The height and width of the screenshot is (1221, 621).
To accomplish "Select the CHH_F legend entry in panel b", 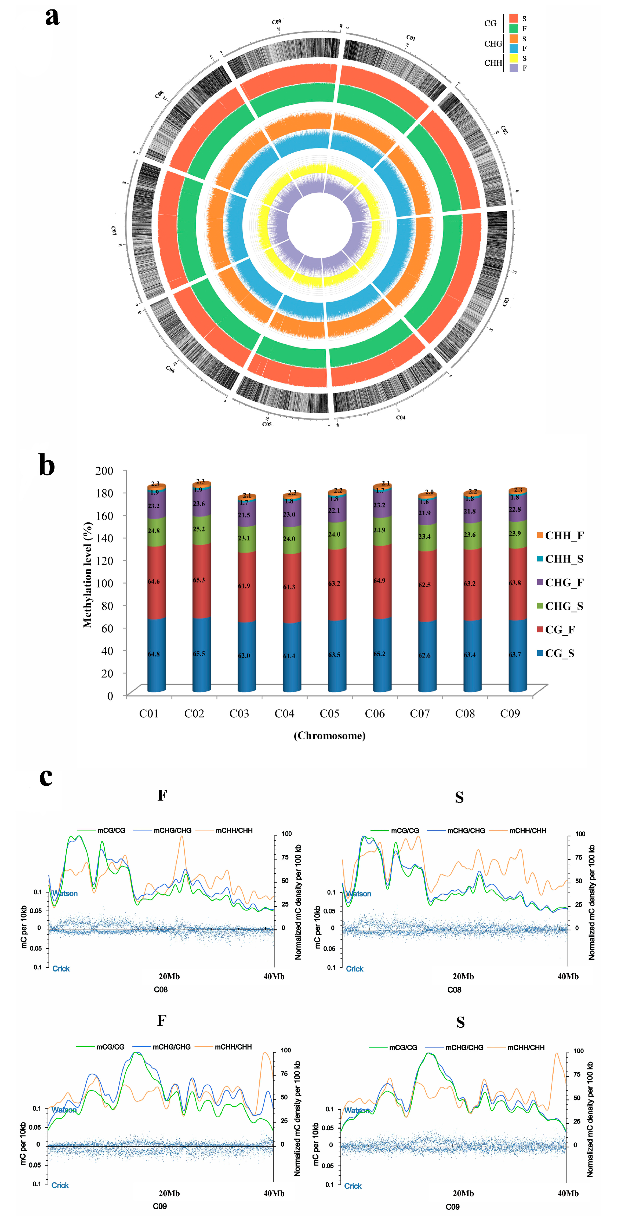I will tap(564, 536).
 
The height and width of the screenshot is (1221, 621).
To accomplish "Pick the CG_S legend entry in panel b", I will tap(559, 654).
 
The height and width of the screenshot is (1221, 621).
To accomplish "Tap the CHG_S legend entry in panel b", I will tap(564, 606).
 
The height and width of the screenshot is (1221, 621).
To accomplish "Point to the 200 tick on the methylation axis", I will tap(104, 471).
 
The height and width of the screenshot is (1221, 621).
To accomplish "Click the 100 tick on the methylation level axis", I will tap(104, 583).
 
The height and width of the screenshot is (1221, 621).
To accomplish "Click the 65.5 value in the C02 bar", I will tap(199, 654).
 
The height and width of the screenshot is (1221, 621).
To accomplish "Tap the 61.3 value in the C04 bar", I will tap(289, 587).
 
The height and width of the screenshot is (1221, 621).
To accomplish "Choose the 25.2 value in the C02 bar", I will tap(199, 529).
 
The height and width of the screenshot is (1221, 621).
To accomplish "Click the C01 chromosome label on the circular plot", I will tap(411, 38).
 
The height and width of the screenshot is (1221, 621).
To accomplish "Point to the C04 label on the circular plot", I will tap(401, 418).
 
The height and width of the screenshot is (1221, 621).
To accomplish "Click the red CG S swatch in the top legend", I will tap(514, 18).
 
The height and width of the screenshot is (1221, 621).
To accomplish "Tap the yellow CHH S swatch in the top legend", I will tap(514, 58).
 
